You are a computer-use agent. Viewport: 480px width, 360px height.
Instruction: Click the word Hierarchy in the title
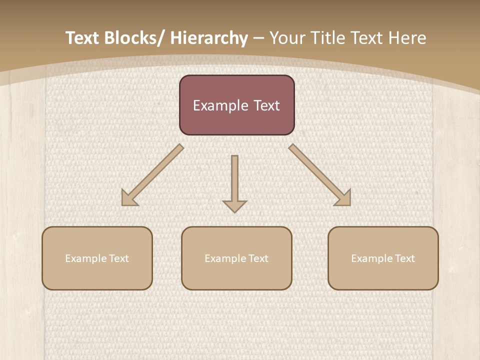click(x=209, y=38)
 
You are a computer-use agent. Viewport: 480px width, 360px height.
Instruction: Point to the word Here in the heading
click(x=407, y=38)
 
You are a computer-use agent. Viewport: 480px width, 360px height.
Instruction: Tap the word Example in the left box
click(x=86, y=258)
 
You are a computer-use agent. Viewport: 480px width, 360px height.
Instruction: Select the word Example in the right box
click(x=372, y=258)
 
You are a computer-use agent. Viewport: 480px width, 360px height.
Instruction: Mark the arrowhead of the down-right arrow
click(x=343, y=198)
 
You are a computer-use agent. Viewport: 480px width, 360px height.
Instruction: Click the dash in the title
click(x=258, y=38)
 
